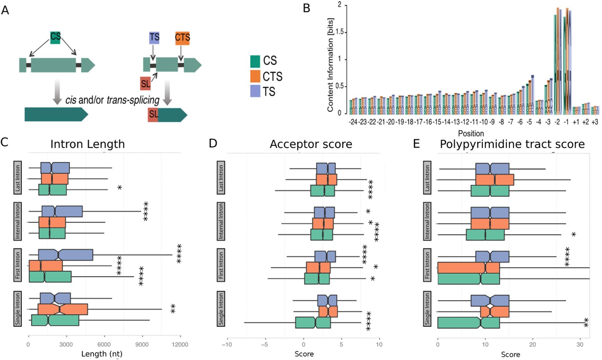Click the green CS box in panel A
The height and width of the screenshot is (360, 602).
[55, 37]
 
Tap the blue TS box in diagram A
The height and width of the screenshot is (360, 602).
[154, 38]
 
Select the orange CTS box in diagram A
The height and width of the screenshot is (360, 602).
[182, 38]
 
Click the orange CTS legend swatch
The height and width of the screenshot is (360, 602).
[255, 76]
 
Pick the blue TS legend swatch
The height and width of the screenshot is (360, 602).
[255, 91]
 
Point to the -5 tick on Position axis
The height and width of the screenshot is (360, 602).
[529, 122]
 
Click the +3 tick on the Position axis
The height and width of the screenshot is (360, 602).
[595, 122]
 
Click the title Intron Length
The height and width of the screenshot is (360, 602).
[88, 144]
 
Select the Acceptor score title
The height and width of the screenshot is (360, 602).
[311, 144]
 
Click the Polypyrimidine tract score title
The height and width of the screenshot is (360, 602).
[512, 144]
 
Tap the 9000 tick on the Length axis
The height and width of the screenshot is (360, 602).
[142, 344]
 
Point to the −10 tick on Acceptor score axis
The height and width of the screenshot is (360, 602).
[227, 344]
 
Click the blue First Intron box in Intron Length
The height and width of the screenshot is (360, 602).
[66, 255]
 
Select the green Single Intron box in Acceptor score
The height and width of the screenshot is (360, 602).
[313, 323]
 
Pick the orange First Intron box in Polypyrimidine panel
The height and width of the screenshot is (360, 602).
[468, 268]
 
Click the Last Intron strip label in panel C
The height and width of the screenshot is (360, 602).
[18, 178]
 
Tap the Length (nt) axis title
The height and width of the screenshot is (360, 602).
[102, 354]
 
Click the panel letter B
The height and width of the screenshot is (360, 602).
[307, 8]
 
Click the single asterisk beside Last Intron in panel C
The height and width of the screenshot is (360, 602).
[119, 188]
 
